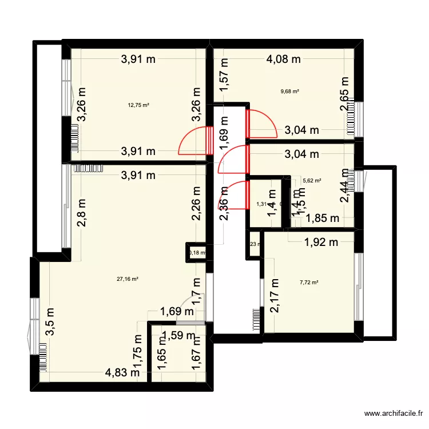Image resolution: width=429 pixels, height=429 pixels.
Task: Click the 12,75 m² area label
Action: pyautogui.click(x=138, y=105)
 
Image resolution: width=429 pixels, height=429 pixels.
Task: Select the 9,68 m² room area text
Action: pyautogui.click(x=290, y=90)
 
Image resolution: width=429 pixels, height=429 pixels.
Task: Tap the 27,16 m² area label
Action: pyautogui.click(x=128, y=279)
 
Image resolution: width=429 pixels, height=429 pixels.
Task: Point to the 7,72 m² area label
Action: pyautogui.click(x=309, y=282)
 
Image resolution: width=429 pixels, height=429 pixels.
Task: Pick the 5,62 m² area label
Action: pyautogui.click(x=312, y=180)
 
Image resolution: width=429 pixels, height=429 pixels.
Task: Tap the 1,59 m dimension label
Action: pyautogui.click(x=178, y=336)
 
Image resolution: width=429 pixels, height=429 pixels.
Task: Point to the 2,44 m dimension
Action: pyautogui.click(x=344, y=185)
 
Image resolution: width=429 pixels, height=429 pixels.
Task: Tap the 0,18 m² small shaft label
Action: pyautogui.click(x=197, y=253)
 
